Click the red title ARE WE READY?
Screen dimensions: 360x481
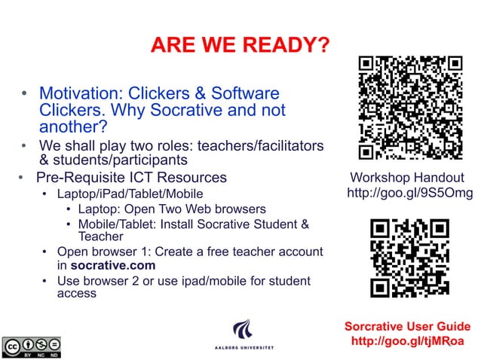click(240, 46)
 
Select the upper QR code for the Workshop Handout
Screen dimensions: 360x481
click(410, 108)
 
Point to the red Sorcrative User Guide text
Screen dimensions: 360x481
click(407, 326)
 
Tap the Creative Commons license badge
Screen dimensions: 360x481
click(31, 346)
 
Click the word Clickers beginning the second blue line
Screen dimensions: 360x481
click(69, 111)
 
